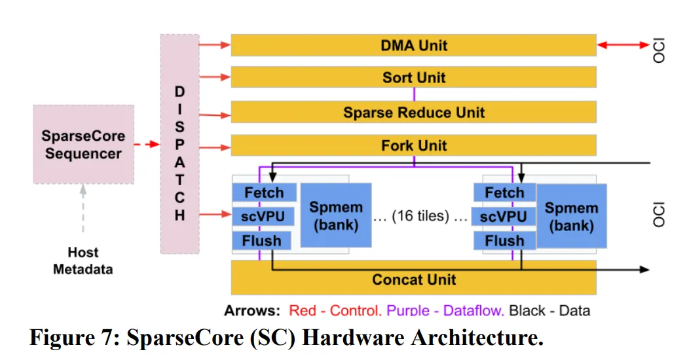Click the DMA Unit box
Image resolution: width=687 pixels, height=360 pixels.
pyautogui.click(x=413, y=45)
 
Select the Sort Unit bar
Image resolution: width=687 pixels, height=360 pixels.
pyautogui.click(x=413, y=77)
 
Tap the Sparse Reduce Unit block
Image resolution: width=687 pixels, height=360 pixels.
pyautogui.click(x=413, y=112)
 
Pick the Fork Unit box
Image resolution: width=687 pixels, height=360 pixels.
pyautogui.click(x=413, y=145)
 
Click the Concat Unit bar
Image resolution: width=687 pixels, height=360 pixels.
pyautogui.click(x=413, y=279)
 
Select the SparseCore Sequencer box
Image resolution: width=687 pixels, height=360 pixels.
pyautogui.click(x=83, y=145)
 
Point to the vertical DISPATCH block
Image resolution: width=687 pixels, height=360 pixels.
pyautogui.click(x=179, y=145)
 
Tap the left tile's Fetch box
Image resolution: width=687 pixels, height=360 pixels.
pyautogui.click(x=264, y=192)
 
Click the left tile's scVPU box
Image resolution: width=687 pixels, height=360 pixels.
pyautogui.click(x=264, y=217)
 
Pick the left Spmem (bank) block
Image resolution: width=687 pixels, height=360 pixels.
pyautogui.click(x=335, y=216)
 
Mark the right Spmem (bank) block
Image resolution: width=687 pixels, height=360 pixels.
pyautogui.click(x=571, y=216)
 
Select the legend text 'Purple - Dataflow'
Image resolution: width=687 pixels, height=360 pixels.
pyautogui.click(x=445, y=310)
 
